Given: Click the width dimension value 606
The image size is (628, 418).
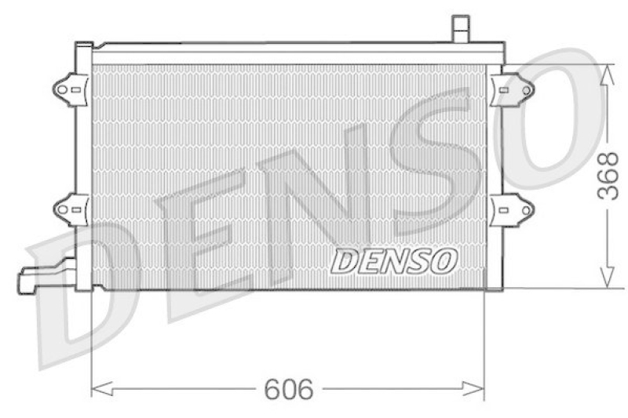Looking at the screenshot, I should click(x=288, y=389).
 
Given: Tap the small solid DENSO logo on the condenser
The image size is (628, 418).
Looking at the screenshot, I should click(x=394, y=261).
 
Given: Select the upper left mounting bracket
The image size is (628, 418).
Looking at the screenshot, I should click(x=70, y=88).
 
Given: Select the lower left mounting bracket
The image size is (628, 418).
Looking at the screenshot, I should click(x=70, y=209).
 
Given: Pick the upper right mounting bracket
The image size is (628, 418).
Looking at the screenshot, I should click(x=511, y=89).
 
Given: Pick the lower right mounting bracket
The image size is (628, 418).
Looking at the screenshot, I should click(x=511, y=209).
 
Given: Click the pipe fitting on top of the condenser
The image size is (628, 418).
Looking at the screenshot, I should click(x=460, y=28).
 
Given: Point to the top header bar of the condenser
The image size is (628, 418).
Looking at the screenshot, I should click(x=298, y=53).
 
